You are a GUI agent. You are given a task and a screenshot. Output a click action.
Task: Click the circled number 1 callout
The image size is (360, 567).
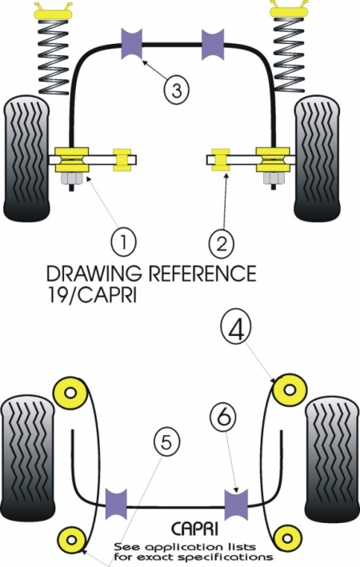(122, 239)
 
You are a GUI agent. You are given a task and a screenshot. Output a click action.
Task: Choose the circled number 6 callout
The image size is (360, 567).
(225, 417)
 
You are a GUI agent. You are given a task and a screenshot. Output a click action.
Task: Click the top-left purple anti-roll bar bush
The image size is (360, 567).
(131, 42)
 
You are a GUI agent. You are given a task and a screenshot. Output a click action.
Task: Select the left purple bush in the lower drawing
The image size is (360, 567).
(118, 502)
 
